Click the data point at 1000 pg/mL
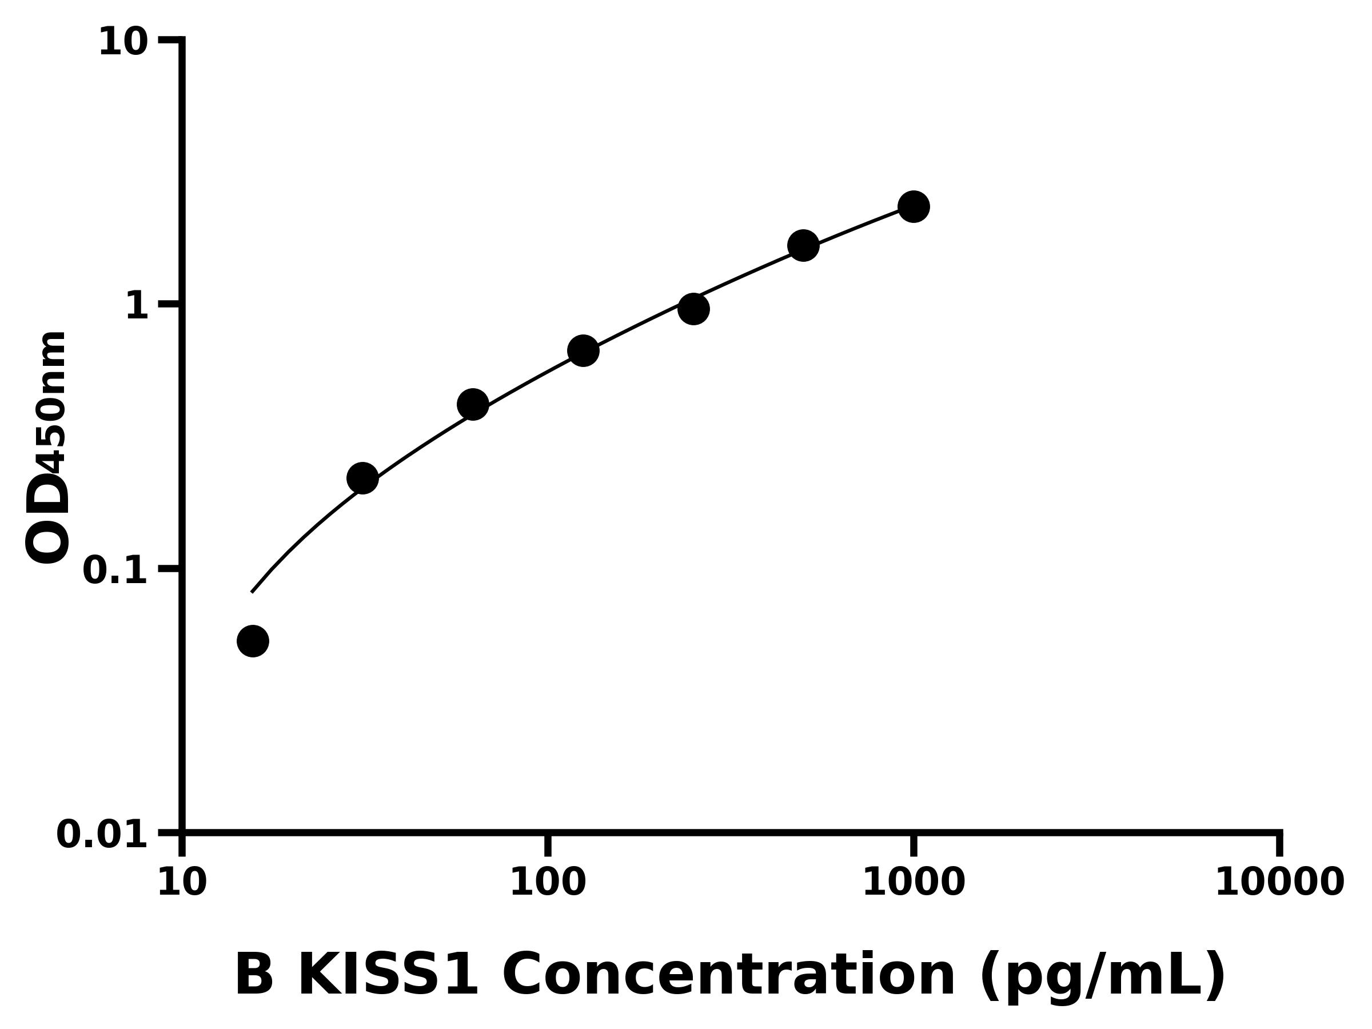[913, 206]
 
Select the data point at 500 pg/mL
[803, 246]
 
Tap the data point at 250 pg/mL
[693, 309]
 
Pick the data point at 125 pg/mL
[583, 351]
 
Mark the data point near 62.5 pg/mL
[473, 404]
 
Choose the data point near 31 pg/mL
[363, 478]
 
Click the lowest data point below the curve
[253, 641]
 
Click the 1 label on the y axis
[137, 306]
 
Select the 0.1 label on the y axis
[115, 571]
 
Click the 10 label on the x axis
[182, 883]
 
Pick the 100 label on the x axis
[548, 883]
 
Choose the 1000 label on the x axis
[914, 883]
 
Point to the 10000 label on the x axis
[1279, 883]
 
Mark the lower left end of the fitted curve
[252, 592]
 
